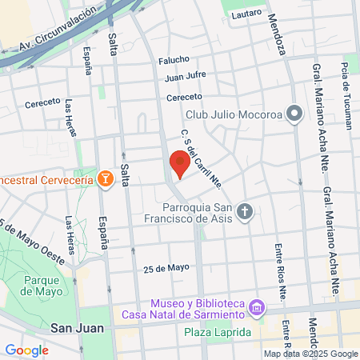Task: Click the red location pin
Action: point(179,164)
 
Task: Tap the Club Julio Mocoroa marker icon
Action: point(294,113)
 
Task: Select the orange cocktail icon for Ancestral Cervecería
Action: point(104,178)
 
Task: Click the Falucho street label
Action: point(174,60)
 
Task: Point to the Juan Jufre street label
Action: point(186,78)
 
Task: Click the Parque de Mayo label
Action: point(42,286)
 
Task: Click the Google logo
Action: point(26,350)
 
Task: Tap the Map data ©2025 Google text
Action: point(311,354)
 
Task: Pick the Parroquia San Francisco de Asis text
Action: point(193,218)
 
